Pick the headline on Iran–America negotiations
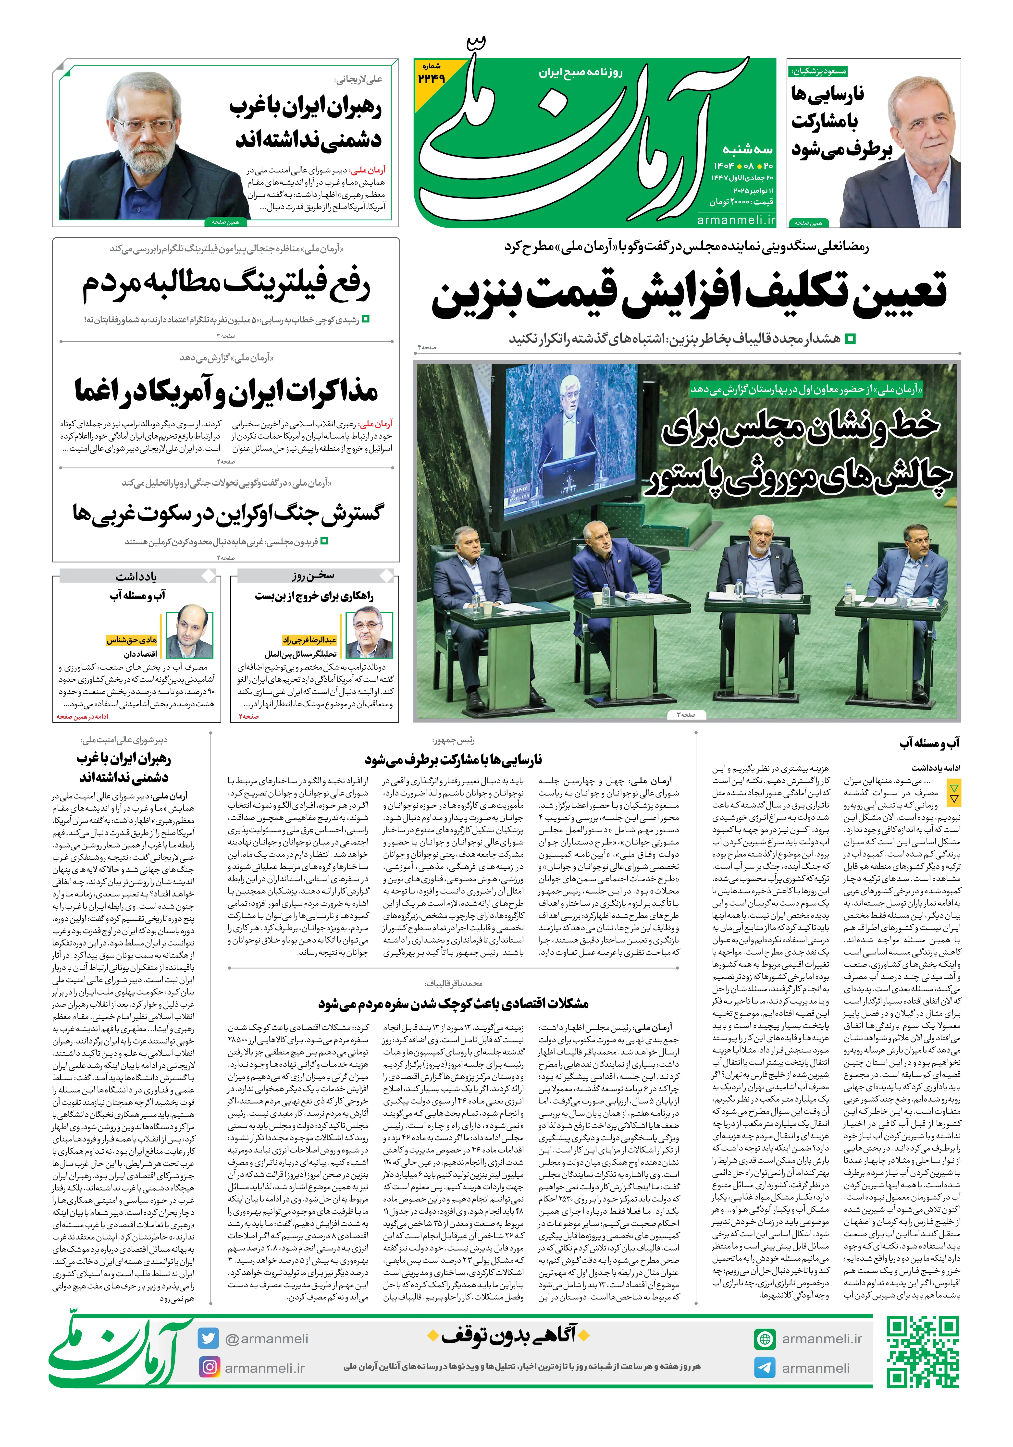(x=226, y=391)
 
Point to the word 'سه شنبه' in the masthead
(x=748, y=149)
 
